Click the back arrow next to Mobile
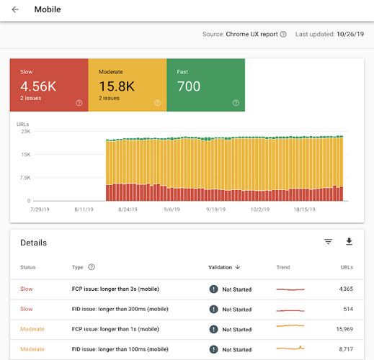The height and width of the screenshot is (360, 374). [x=15, y=10]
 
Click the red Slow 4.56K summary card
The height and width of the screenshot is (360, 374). [x=48, y=86]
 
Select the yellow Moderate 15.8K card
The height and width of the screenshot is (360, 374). [x=127, y=86]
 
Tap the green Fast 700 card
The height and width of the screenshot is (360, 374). [x=205, y=86]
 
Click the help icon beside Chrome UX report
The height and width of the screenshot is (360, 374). [x=283, y=35]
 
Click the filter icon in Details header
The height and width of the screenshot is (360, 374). [x=329, y=242]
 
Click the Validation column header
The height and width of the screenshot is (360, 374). [x=224, y=267]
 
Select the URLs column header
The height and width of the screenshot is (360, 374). [x=347, y=267]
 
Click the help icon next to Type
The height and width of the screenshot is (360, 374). [x=92, y=267]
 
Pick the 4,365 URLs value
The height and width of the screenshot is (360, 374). [x=343, y=289]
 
